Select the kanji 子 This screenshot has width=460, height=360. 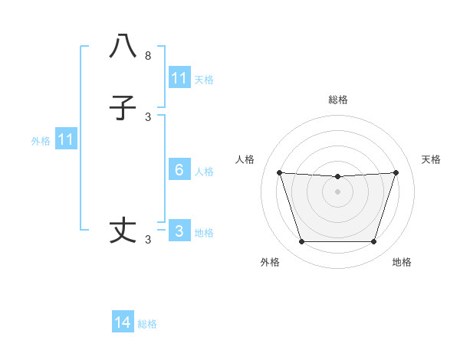tap(123, 108)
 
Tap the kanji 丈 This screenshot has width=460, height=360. tap(123, 231)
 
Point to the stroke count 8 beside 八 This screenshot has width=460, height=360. tap(148, 56)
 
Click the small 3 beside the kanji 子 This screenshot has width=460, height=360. tap(148, 117)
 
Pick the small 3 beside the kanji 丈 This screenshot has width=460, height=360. tap(148, 240)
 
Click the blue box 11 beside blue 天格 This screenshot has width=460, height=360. tap(179, 78)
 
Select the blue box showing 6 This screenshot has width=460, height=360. tap(179, 170)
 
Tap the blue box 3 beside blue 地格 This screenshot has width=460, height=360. tap(179, 231)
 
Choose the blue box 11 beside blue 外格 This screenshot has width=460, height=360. tap(66, 139)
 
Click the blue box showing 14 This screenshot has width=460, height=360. tap(123, 323)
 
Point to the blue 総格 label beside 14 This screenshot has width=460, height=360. tap(147, 324)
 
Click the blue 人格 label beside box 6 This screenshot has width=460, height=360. tap(204, 171)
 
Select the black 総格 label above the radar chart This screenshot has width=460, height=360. tap(338, 100)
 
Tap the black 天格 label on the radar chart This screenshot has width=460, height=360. tap(432, 159)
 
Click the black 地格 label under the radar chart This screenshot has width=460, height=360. tap(402, 263)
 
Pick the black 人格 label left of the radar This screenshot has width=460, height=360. tap(245, 159)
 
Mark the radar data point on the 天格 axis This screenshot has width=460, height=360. tap(396, 172)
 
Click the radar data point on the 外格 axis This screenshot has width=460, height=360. tap(301, 242)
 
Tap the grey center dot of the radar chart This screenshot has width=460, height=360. tap(338, 191)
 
